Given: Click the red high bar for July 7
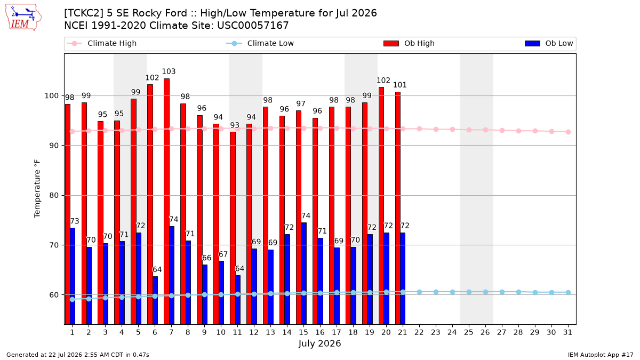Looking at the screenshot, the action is tap(166, 202).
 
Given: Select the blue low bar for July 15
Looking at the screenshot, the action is tap(303, 274).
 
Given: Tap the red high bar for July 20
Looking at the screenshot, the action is tap(381, 206).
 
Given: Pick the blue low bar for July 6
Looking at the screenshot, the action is tap(155, 300).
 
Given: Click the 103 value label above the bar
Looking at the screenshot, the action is tap(169, 71).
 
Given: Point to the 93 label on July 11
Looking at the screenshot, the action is tap(235, 125).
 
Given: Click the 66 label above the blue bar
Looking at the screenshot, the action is tap(206, 258).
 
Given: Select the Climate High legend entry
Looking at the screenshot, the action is tap(101, 43).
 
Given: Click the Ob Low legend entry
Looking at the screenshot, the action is tap(549, 43).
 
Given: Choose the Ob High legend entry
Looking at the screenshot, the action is tap(409, 43).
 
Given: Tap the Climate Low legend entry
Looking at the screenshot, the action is tap(260, 43).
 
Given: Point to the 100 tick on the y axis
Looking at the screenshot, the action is tap(51, 95).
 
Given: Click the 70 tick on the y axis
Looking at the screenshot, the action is tap(54, 245).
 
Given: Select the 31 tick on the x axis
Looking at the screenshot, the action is tap(567, 332).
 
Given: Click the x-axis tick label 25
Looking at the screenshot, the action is tap(469, 332).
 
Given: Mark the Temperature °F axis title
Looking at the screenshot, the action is tap(37, 189).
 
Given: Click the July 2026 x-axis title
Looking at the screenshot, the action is tap(319, 343).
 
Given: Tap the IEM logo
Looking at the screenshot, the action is tap(23, 18).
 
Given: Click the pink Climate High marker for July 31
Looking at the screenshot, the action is tap(568, 132).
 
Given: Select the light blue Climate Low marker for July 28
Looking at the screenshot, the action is tap(518, 292).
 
